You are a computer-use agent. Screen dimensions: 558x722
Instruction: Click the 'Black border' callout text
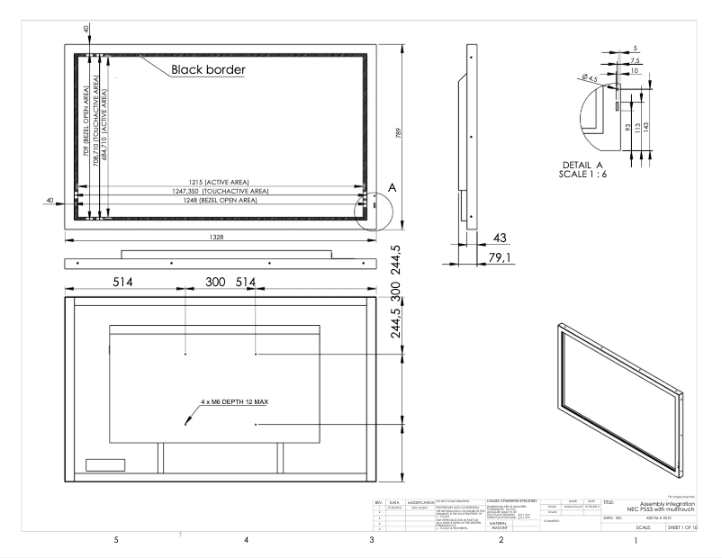(209, 68)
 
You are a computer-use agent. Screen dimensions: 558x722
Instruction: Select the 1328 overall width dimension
(217, 236)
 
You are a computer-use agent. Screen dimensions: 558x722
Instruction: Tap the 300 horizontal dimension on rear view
(216, 282)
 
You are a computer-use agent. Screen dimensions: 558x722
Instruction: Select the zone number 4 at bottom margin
(245, 540)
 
